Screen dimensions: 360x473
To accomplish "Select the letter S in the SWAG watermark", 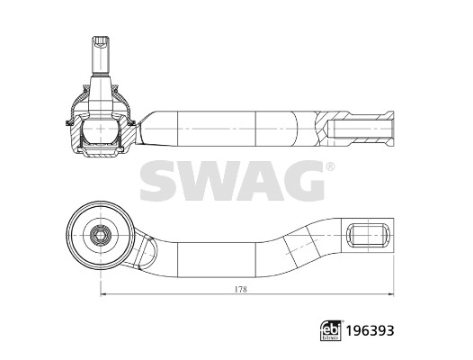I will (x=160, y=183).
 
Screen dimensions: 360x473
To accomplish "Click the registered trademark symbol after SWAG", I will (x=329, y=167).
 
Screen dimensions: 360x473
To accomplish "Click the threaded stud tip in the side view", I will (x=98, y=43).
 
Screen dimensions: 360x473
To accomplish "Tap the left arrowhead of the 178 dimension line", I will (x=102, y=295).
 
